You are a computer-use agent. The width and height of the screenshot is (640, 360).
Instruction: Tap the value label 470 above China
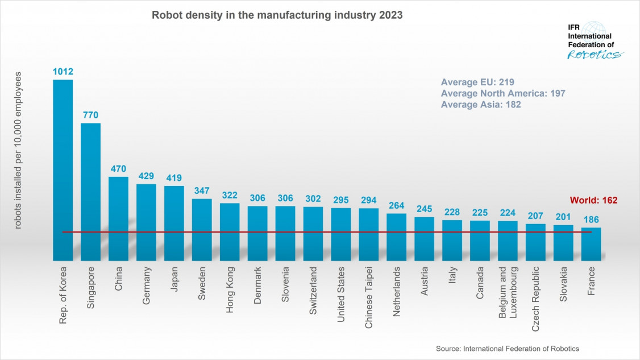point(118,168)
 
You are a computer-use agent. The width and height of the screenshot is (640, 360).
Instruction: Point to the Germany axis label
point(147,285)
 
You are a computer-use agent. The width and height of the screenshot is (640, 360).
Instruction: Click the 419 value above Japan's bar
point(174,177)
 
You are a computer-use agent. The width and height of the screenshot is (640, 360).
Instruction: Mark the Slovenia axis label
point(285,286)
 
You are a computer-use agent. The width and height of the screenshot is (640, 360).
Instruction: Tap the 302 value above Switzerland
point(313,198)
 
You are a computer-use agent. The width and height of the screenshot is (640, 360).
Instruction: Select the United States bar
point(341,234)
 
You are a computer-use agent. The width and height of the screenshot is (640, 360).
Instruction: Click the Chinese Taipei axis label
point(369,295)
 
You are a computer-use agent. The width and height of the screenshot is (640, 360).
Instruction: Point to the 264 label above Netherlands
point(397,205)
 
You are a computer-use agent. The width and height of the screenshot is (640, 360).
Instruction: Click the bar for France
point(591,244)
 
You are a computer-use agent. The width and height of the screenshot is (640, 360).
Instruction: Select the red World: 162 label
point(593,200)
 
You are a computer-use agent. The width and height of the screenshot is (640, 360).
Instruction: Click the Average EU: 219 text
point(477,81)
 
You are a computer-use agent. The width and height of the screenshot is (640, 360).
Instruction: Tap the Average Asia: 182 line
point(481,105)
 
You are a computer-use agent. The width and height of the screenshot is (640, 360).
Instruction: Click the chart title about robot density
point(277,16)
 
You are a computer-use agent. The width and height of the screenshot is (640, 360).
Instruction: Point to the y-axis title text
point(18,150)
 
